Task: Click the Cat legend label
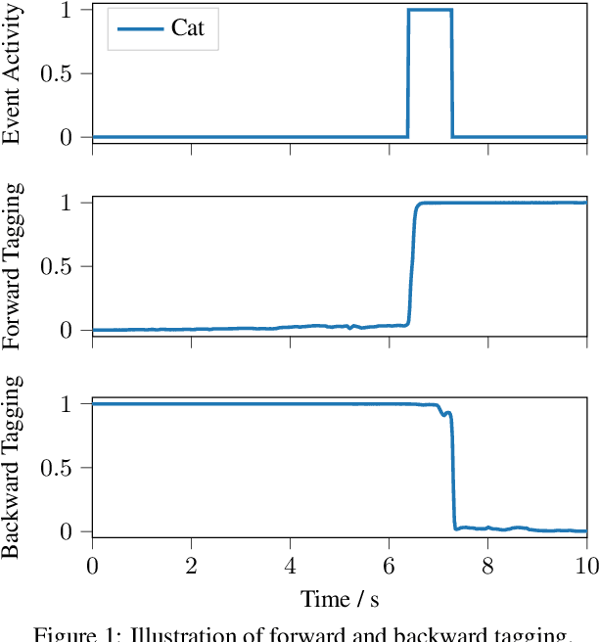[188, 28]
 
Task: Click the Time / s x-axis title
[339, 599]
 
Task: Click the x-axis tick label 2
[191, 567]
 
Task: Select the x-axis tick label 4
[290, 567]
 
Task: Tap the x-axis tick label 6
[389, 567]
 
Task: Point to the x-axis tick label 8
[487, 567]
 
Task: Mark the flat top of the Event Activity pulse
[430, 10]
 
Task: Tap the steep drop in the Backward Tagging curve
[453, 470]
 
